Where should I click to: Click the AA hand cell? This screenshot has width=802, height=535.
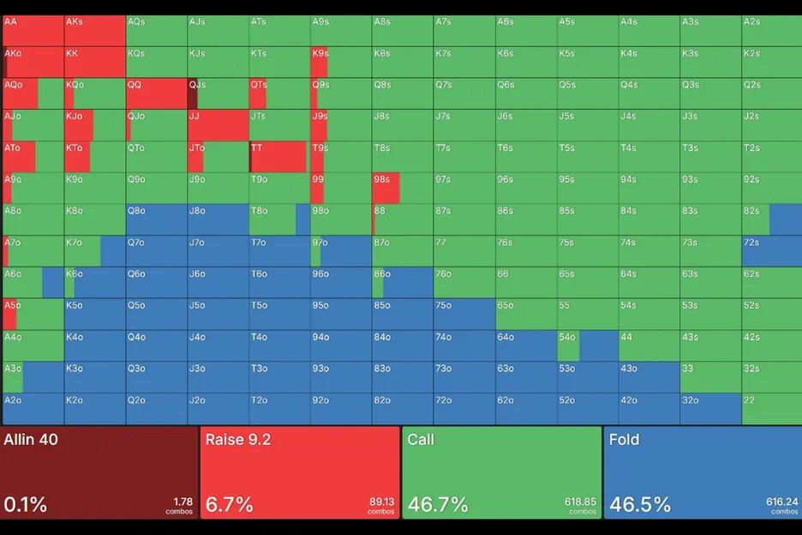[33, 31]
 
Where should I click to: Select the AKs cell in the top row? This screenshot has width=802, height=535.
[95, 31]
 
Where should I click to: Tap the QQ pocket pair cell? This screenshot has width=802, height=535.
[157, 93]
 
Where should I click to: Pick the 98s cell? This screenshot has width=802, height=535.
[403, 188]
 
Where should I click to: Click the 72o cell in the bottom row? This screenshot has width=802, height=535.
[464, 409]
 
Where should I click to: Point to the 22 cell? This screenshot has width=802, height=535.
[771, 409]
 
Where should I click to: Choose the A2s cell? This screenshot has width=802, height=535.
[771, 31]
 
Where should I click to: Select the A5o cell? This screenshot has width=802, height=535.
[33, 314]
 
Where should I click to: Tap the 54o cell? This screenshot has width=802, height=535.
[588, 346]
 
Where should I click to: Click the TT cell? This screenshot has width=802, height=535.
[279, 157]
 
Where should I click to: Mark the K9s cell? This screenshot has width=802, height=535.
[341, 63]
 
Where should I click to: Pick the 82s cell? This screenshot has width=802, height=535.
[771, 219]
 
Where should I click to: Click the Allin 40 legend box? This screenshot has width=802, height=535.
[100, 472]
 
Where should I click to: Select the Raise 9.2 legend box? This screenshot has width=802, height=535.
[300, 472]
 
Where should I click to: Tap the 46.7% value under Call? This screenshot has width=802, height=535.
[438, 505]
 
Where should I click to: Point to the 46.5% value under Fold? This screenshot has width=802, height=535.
[639, 505]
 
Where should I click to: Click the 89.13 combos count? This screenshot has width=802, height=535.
[380, 502]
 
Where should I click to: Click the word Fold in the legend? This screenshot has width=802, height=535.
[625, 440]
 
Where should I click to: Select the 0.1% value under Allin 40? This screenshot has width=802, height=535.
[26, 505]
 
